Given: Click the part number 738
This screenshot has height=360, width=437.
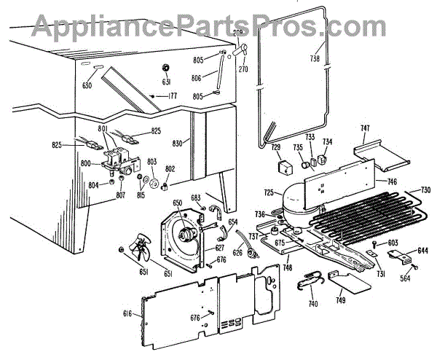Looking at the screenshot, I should pyautogui.click(x=315, y=59).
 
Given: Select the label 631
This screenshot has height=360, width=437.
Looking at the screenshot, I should pyautogui.click(x=166, y=82).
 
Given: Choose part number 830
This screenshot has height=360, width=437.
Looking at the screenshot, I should pyautogui.click(x=178, y=144).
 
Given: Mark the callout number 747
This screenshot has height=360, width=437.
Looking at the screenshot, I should pyautogui.click(x=365, y=128).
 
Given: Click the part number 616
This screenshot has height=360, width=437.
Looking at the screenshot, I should pyautogui.click(x=128, y=313).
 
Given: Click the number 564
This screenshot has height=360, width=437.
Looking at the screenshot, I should pyautogui.click(x=405, y=278).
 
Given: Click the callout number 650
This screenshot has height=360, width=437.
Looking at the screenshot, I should pyautogui.click(x=178, y=203).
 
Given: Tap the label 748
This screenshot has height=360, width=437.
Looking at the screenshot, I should pyautogui.click(x=288, y=267).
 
